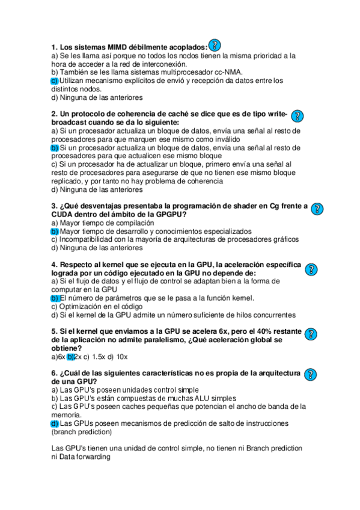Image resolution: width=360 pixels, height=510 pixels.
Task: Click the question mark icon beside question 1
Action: point(215,45)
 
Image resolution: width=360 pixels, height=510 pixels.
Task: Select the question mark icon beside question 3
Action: point(317,208)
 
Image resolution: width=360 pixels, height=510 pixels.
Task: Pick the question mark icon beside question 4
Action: point(311,269)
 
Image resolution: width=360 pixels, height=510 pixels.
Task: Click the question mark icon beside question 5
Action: point(311,334)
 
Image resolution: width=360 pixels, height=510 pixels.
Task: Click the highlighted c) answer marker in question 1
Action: point(54,80)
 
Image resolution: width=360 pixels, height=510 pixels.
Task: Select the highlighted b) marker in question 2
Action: point(55,147)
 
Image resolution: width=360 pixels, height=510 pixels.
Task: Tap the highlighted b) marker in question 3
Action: point(55,231)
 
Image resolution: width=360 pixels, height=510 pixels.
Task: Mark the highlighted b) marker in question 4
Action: point(55,298)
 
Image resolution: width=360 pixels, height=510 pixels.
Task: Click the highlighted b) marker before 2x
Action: point(70,356)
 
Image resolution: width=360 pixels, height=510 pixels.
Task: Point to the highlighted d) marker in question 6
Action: point(55,423)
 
